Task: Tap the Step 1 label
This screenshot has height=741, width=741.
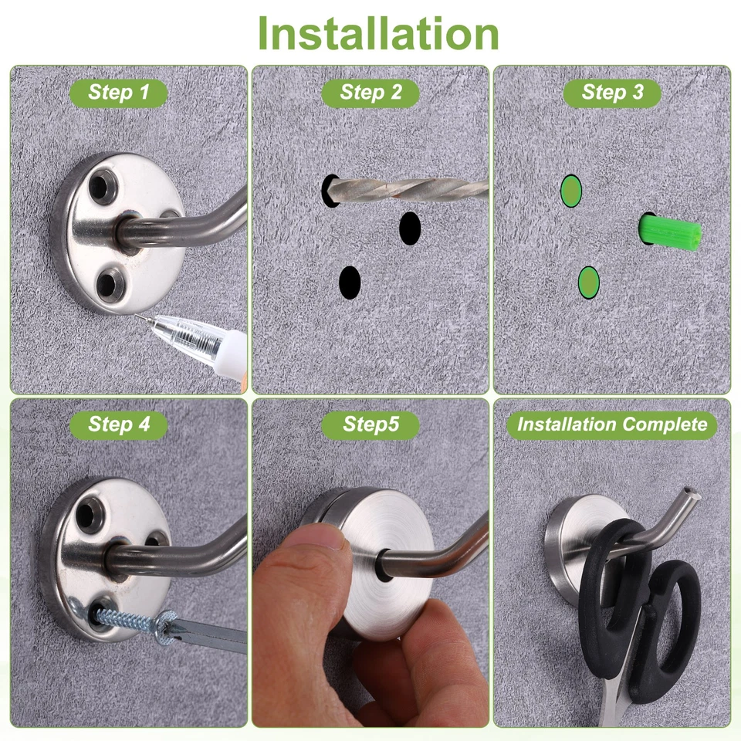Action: click(x=119, y=93)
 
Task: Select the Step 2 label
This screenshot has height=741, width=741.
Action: click(x=371, y=93)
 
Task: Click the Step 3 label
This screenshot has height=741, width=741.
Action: click(x=612, y=93)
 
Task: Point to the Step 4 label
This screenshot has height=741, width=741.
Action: click(x=119, y=424)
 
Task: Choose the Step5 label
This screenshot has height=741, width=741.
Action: click(x=370, y=425)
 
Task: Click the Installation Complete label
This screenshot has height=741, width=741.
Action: click(x=612, y=425)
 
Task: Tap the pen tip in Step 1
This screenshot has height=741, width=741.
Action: click(x=138, y=316)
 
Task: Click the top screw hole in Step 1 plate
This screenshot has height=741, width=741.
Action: click(x=103, y=185)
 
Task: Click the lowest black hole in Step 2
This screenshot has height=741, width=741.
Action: click(x=350, y=283)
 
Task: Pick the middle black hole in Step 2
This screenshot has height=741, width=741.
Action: click(x=410, y=228)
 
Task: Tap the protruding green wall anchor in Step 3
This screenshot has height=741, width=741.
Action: click(x=670, y=232)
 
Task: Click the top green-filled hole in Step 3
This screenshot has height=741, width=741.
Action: click(x=570, y=191)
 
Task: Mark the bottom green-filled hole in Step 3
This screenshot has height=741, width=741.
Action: click(x=589, y=283)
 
